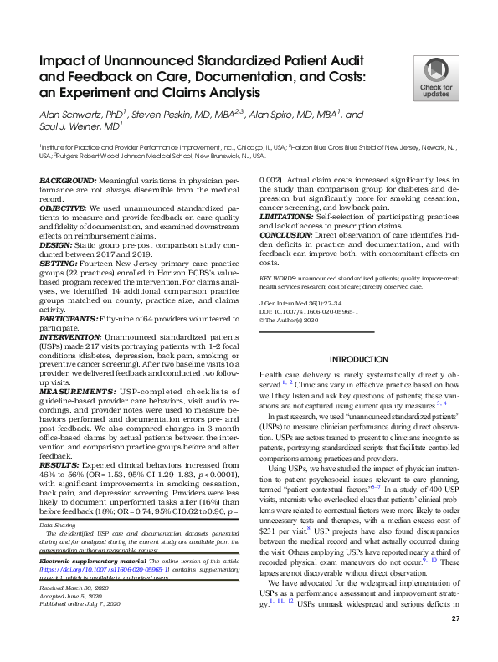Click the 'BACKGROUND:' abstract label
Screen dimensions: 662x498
pos(69,181)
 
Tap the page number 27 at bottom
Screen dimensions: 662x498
pos(455,642)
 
